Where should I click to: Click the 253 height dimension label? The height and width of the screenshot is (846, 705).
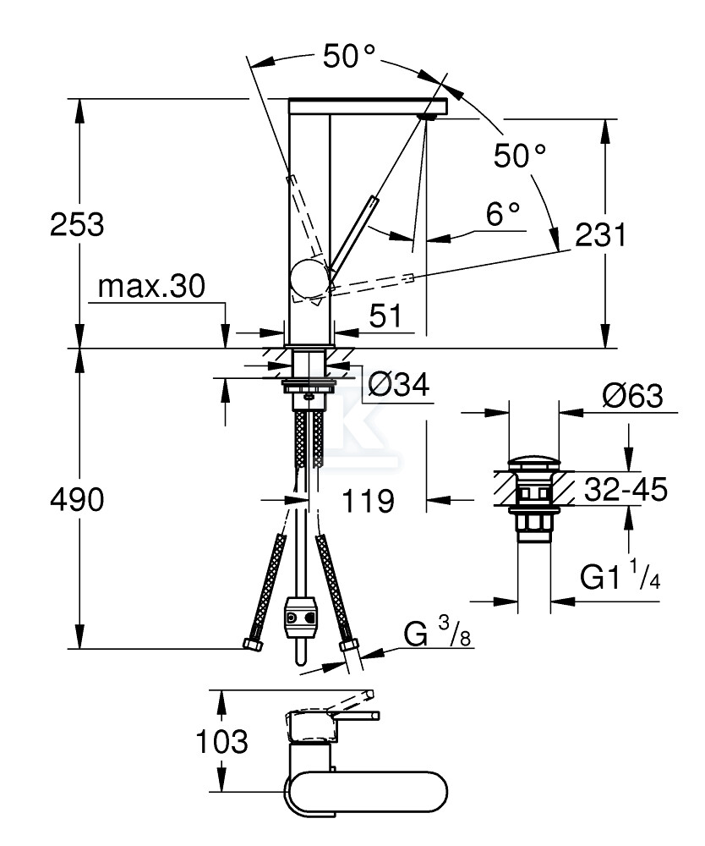pos(77,225)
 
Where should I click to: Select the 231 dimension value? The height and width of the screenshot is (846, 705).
pos(600,235)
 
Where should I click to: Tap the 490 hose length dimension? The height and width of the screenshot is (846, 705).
pos(77,501)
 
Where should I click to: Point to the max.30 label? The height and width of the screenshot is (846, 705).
pos(151,287)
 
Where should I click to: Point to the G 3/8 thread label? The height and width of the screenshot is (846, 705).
pos(432,633)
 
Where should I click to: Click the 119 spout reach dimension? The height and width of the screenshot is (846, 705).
pos(369,501)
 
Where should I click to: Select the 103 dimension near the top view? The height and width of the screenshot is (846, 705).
pos(222,742)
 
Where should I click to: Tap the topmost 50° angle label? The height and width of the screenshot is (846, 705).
pos(349,58)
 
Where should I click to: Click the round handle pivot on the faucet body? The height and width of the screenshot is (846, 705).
pos(309,278)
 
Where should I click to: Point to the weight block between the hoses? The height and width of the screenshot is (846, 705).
pos(301,614)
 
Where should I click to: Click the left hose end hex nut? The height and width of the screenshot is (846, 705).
pos(252,645)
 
